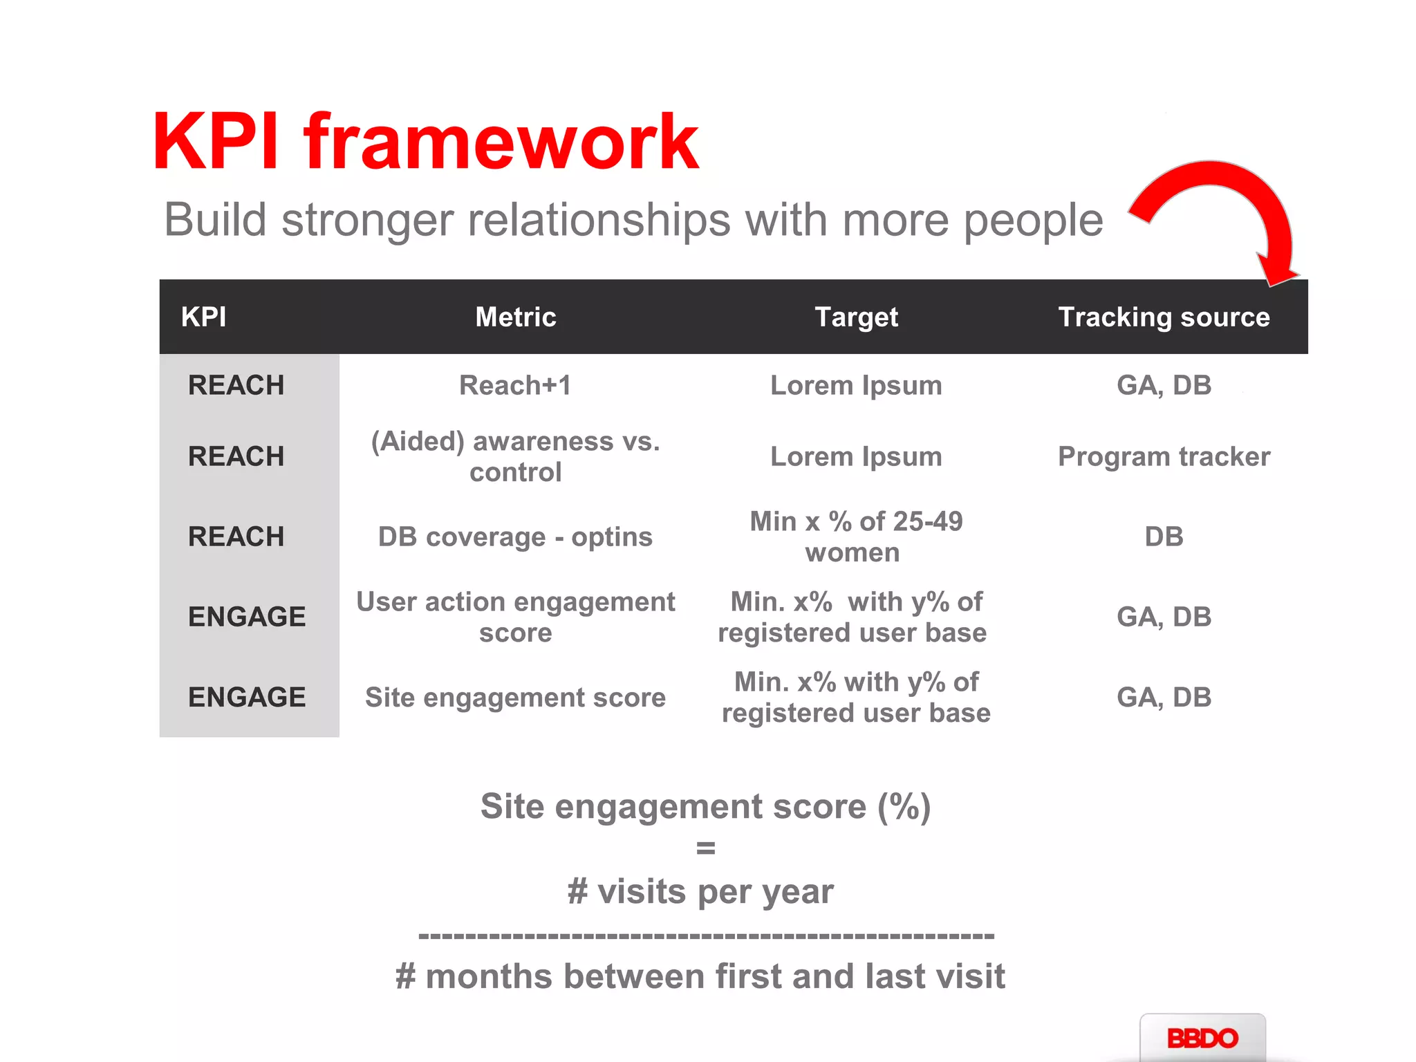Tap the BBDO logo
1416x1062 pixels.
tap(1202, 1038)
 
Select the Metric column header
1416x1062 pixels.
tap(516, 317)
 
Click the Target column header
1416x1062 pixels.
tap(856, 317)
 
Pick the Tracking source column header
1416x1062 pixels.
tap(1164, 317)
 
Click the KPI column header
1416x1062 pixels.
tap(203, 317)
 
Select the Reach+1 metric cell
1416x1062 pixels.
tap(516, 385)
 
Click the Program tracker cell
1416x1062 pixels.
tap(1164, 456)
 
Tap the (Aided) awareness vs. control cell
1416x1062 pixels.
tap(516, 456)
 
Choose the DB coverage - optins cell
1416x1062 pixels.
tap(516, 537)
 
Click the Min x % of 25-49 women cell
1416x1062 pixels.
tap(856, 537)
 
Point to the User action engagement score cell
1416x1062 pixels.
tap(516, 617)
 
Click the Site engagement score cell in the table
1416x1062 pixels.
tap(516, 697)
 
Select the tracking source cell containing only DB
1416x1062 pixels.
tap(1164, 537)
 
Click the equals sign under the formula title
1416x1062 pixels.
tap(705, 848)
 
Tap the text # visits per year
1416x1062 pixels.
tap(700, 891)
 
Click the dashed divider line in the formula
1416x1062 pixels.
tap(705, 936)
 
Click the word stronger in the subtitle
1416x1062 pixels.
tap(368, 220)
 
